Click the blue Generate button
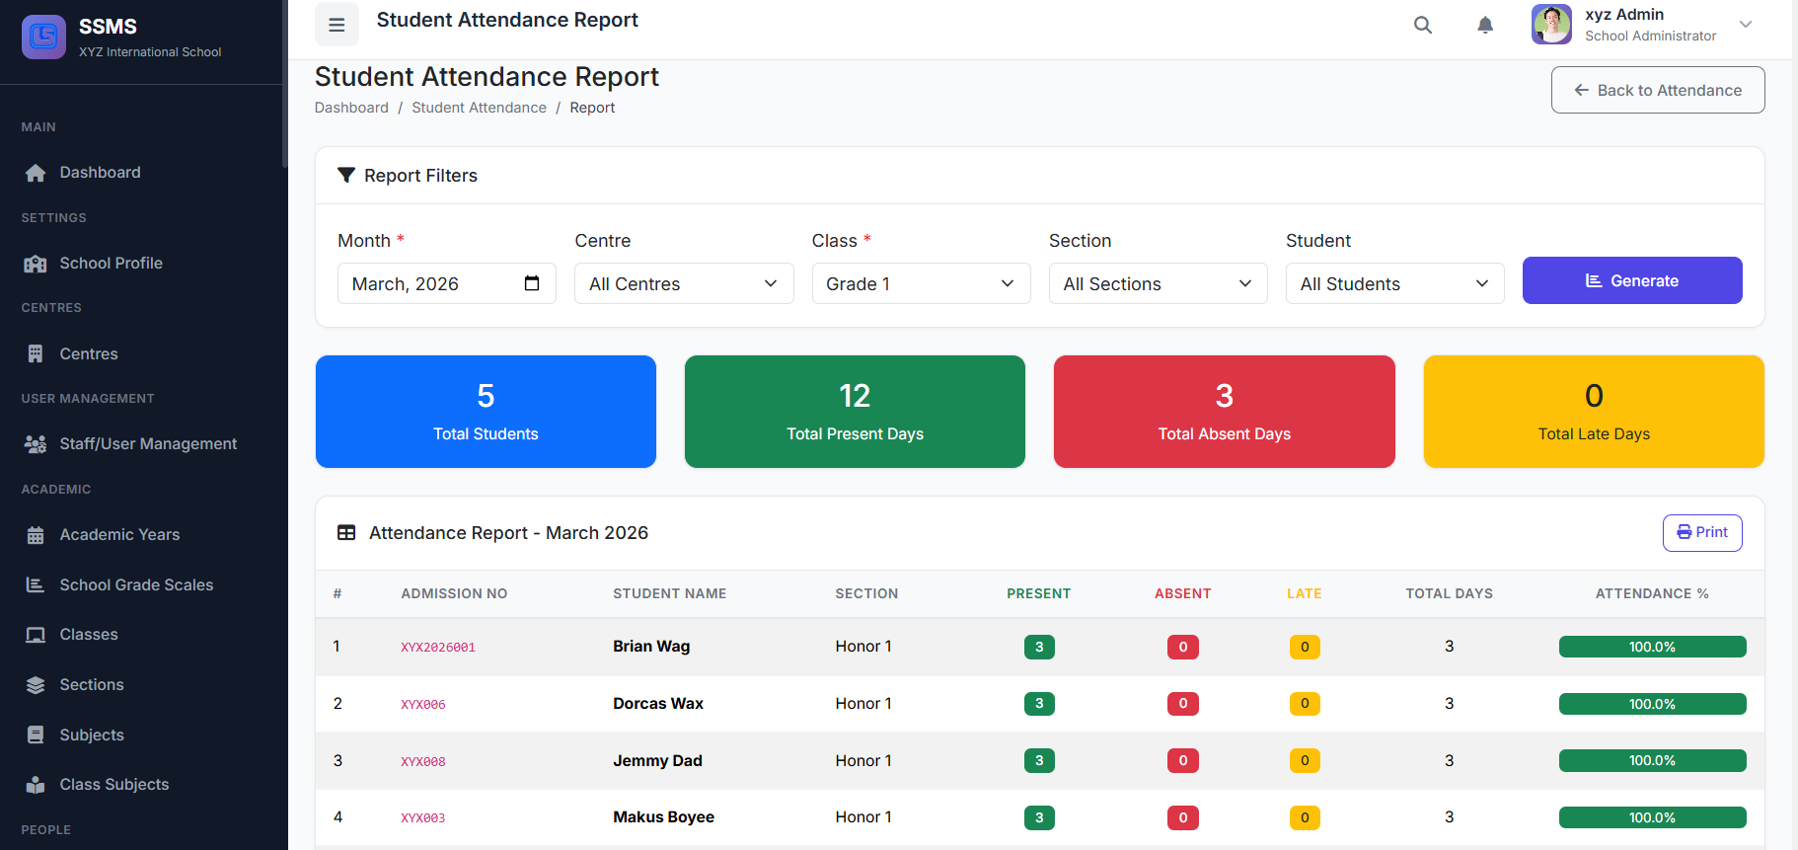coord(1631,281)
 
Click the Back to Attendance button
coord(1657,90)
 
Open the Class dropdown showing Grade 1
coord(920,284)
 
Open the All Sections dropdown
coord(1157,284)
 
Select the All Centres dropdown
coord(683,284)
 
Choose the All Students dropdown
coord(1393,284)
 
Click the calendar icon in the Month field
coord(532,283)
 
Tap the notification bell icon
coord(1484,25)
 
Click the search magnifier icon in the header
coord(1422,25)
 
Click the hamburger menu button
coord(337,25)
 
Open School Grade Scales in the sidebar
coord(136,584)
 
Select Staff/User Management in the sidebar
coord(148,444)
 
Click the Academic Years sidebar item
coord(119,534)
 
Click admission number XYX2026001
coord(438,648)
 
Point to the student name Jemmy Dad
coord(657,760)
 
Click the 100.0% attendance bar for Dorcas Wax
coord(1652,704)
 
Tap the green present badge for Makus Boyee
coord(1039,817)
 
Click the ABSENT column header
coord(1182,593)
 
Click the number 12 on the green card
coord(855,396)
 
